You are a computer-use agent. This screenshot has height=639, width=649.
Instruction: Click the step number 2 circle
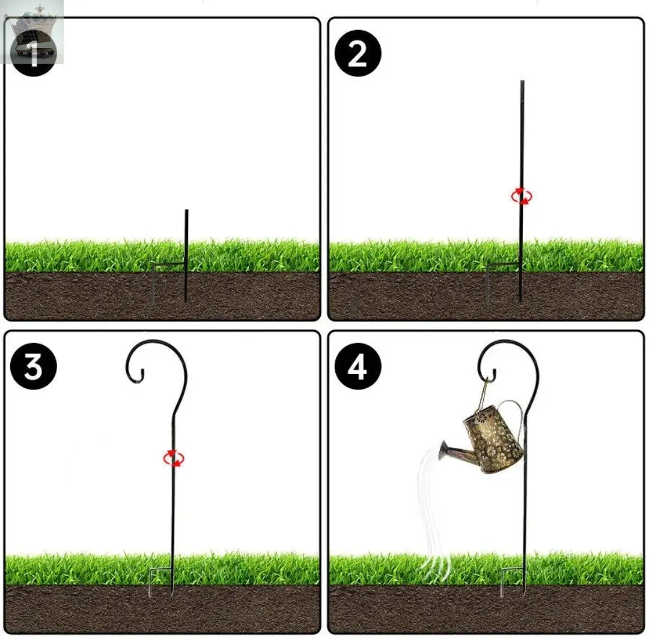tap(358, 54)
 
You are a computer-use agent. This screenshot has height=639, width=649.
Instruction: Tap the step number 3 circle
tap(34, 366)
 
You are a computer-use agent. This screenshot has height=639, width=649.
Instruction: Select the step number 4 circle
tap(358, 366)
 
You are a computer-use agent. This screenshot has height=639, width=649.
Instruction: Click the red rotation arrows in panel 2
tap(522, 196)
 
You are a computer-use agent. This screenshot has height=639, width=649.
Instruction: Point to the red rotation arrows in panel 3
tap(174, 459)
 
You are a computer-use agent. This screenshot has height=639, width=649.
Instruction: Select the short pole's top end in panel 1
tap(187, 210)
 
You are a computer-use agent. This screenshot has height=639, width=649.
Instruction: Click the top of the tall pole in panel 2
tap(522, 82)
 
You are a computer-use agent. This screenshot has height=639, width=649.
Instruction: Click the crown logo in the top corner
tap(32, 32)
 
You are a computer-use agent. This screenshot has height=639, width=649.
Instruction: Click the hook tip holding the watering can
tap(494, 375)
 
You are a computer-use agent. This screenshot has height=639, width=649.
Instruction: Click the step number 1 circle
tap(34, 54)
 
